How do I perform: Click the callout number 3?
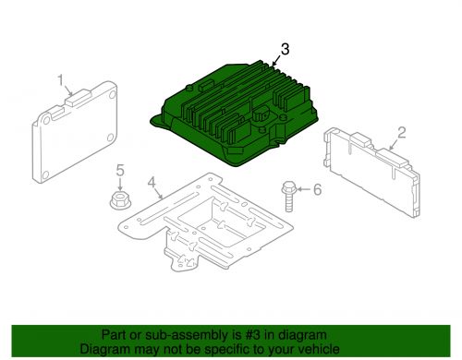click(x=285, y=49)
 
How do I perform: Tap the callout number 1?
click(x=61, y=80)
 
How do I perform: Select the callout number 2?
click(x=401, y=133)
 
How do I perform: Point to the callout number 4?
click(x=152, y=183)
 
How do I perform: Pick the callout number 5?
click(x=120, y=170)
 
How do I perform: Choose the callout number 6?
click(x=317, y=189)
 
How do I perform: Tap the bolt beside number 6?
click(x=288, y=197)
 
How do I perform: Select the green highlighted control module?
click(x=235, y=113)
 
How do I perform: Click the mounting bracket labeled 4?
click(x=206, y=222)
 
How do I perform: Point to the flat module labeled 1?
click(x=75, y=132)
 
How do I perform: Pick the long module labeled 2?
click(x=371, y=173)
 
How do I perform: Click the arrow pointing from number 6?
click(x=303, y=188)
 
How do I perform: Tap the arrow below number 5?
click(x=120, y=184)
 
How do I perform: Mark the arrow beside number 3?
click(x=275, y=61)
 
